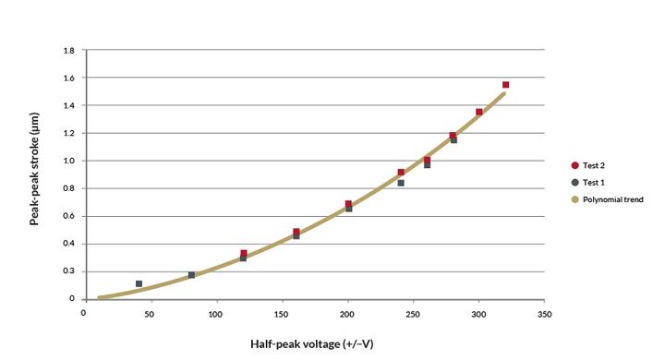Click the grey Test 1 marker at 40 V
[x=139, y=284]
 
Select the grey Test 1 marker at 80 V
[x=191, y=275]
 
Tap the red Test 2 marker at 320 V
[x=505, y=85]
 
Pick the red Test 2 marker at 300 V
[x=479, y=113]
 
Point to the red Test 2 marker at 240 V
[x=401, y=173]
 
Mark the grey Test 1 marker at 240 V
[x=401, y=183]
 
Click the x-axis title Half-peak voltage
[x=312, y=343]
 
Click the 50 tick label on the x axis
[x=150, y=315]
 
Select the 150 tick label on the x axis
[x=282, y=315]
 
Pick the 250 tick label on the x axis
[x=413, y=315]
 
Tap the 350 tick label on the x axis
[x=544, y=315]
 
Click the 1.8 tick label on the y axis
[x=69, y=50]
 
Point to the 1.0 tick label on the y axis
[x=69, y=161]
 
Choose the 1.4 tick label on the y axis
[x=69, y=105]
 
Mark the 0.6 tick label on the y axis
[x=69, y=216]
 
